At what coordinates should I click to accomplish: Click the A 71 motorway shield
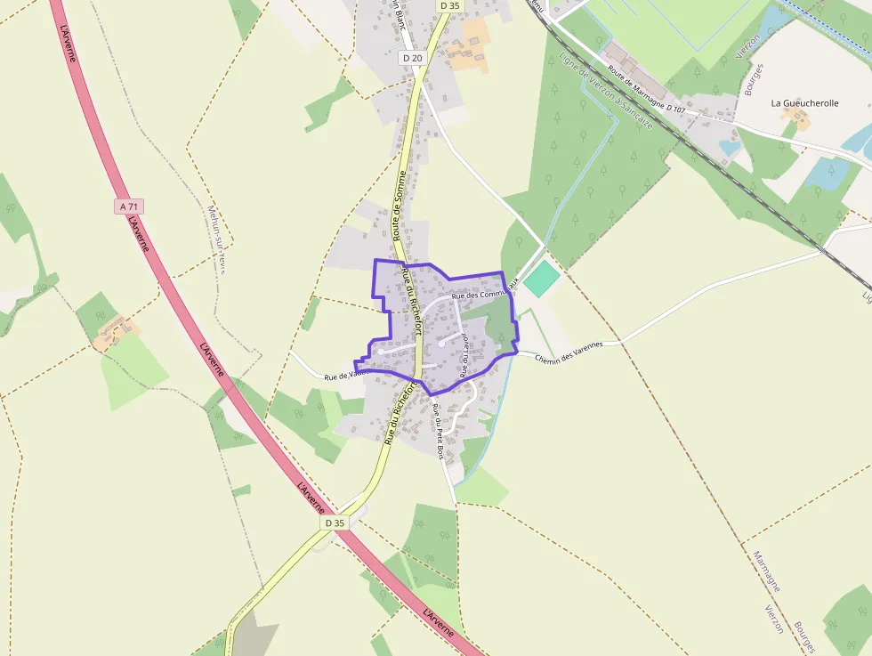coord(130,207)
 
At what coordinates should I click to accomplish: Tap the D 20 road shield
coord(412,58)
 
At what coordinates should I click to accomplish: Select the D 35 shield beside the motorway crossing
coord(335,522)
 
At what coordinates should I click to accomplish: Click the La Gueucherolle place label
coord(804,103)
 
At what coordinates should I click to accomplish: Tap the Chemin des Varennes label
coord(569,351)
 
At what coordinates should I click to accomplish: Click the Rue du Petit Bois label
coord(438,431)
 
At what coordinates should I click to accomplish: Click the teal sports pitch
coord(540,279)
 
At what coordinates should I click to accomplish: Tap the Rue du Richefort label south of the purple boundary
coord(400,413)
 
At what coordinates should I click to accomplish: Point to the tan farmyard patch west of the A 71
coord(114,333)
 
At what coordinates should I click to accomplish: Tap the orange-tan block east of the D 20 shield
coord(470,46)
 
